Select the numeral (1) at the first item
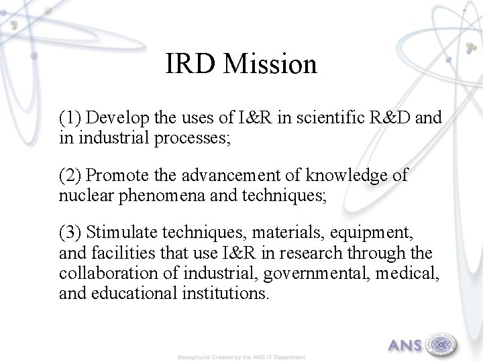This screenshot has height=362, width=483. [70, 119]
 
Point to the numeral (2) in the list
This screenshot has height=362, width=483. [70, 176]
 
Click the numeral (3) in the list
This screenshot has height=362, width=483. [70, 233]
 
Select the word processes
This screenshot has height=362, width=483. [199, 139]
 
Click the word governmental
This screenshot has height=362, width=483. [304, 274]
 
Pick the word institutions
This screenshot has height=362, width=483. [224, 294]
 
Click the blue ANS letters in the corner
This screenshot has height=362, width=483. [405, 346]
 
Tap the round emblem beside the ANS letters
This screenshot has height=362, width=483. [441, 345]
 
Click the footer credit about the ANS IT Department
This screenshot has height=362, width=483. [241, 357]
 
